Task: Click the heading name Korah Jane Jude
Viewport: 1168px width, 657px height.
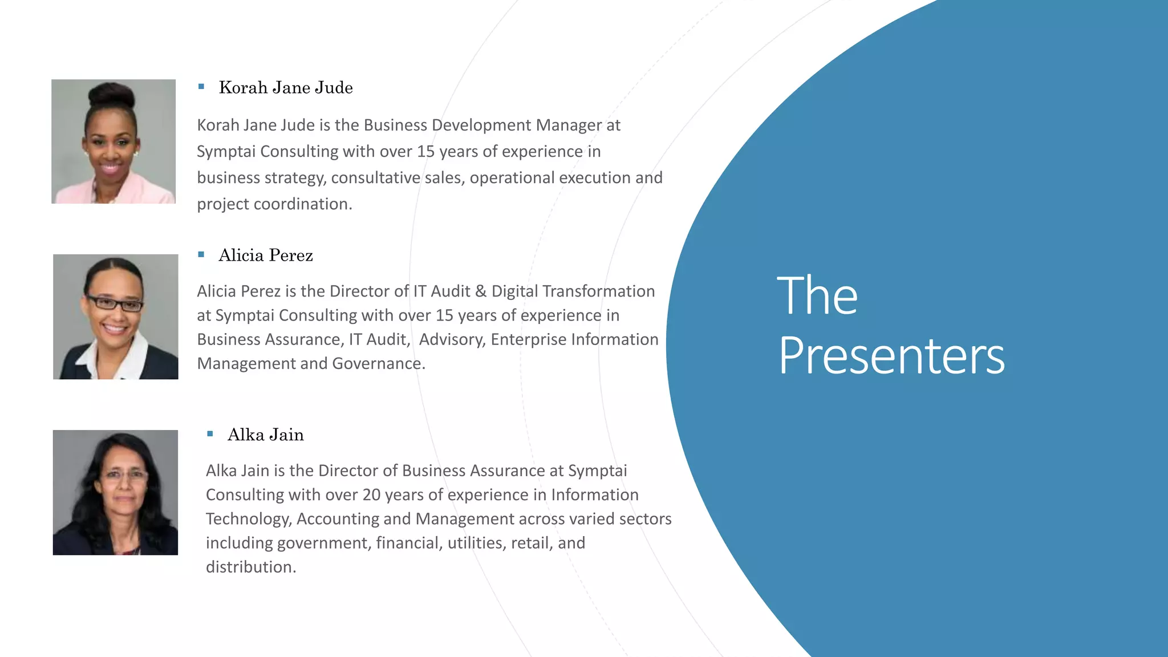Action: [286, 88]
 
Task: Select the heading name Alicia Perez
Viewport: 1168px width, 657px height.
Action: [266, 255]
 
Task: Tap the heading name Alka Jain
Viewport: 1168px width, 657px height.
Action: [266, 435]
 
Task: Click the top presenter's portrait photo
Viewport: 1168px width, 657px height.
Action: [113, 141]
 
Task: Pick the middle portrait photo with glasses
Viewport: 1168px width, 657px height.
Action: [116, 317]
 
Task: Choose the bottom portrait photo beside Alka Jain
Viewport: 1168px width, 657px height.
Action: [115, 492]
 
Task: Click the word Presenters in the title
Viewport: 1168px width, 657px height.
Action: [891, 356]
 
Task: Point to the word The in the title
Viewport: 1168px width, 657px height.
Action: [817, 295]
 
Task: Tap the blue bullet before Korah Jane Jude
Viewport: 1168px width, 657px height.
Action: [201, 87]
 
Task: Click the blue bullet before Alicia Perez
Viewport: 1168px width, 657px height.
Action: [201, 254]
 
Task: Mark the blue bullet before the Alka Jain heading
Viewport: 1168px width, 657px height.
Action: [210, 434]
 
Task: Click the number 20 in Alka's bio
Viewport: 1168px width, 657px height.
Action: [371, 495]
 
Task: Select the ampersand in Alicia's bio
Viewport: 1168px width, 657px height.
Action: [481, 291]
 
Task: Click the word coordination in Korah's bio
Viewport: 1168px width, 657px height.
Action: [303, 204]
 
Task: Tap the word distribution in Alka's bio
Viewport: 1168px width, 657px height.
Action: [251, 567]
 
